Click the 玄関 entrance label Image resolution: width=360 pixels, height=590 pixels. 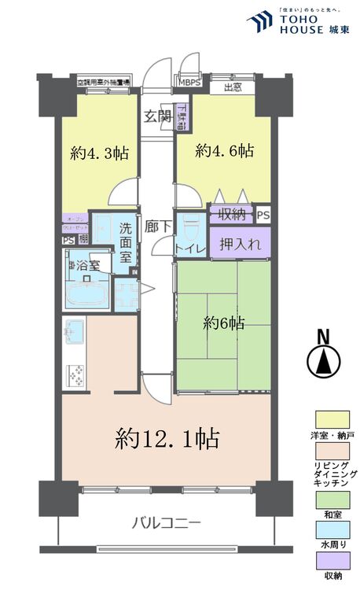pos(157,116)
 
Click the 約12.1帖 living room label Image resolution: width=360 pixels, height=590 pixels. pos(167,436)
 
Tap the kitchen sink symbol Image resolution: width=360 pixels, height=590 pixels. pos(75,330)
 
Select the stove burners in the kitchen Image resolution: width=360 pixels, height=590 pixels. pos(77,377)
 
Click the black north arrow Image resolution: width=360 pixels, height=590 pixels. pos(322,363)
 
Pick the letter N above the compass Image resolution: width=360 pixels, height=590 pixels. pos(322,337)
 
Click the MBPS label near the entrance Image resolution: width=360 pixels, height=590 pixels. pos(189,81)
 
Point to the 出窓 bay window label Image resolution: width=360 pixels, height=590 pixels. pos(232,87)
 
